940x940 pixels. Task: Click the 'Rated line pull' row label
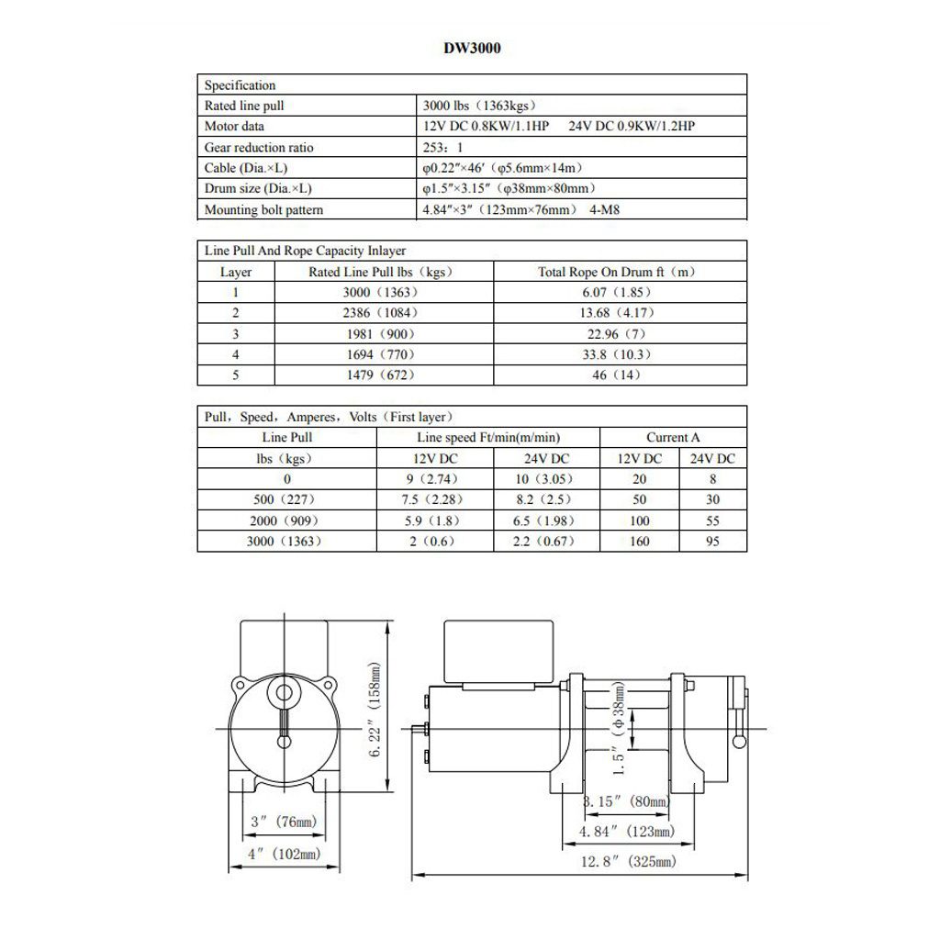pos(244,106)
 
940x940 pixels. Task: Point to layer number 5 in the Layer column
pos(235,375)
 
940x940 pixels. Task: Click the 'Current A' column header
pos(672,438)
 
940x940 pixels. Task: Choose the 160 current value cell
pos(639,542)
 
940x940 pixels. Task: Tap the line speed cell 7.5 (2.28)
pos(436,500)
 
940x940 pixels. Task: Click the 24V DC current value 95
pos(712,542)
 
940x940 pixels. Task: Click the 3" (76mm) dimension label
pos(284,822)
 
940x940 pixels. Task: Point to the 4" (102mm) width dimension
pos(284,854)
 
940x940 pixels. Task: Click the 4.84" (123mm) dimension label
pos(627,831)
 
